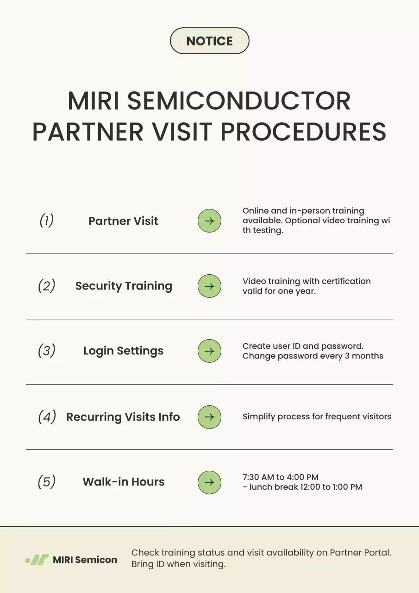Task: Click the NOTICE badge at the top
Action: (x=209, y=41)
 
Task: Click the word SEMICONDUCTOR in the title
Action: (x=239, y=101)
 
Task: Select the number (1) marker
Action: (x=46, y=221)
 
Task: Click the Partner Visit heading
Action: (x=123, y=221)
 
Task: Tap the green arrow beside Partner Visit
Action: (x=209, y=221)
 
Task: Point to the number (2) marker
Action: (x=46, y=286)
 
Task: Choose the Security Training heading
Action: (x=124, y=286)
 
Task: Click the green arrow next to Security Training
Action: (x=209, y=286)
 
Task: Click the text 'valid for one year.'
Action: (x=279, y=291)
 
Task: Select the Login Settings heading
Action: (x=123, y=351)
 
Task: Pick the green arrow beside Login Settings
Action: (x=209, y=351)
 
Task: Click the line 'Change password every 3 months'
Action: (x=313, y=356)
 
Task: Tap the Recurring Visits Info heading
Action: (x=123, y=417)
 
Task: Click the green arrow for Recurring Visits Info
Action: (x=209, y=417)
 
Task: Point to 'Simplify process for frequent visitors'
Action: (x=317, y=416)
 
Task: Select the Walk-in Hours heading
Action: (x=124, y=482)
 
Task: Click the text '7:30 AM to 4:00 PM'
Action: (x=281, y=477)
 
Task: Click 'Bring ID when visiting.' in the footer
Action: (x=178, y=565)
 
